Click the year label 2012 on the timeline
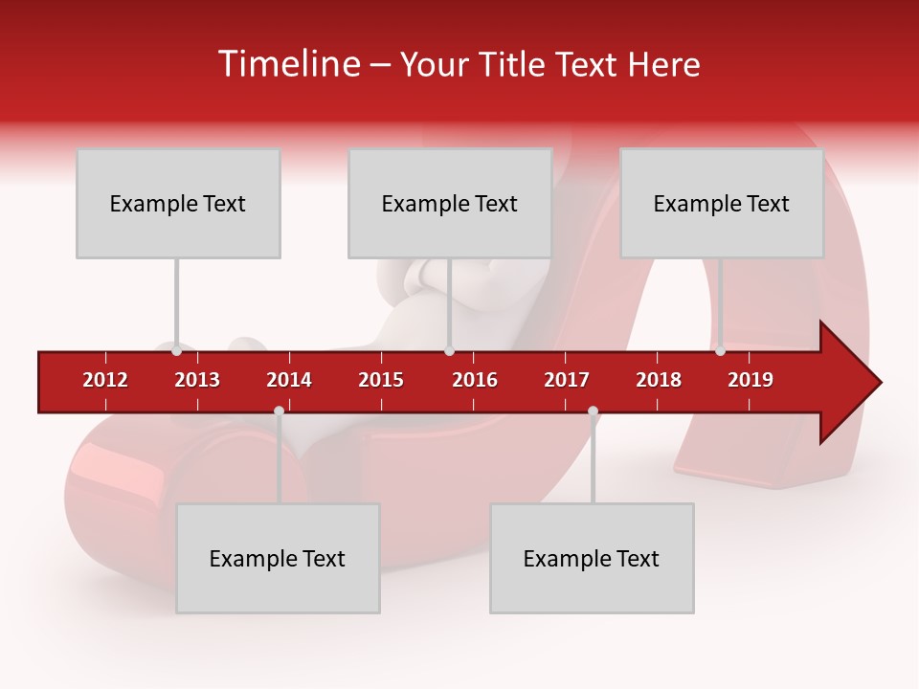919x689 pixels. [105, 380]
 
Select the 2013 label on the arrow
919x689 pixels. [197, 380]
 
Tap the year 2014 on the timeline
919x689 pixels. [289, 380]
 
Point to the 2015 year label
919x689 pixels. [381, 380]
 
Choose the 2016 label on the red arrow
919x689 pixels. [475, 380]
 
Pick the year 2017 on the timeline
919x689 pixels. [567, 380]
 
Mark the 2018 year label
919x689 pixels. [659, 380]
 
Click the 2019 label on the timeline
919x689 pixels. [751, 380]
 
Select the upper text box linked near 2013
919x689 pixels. [178, 203]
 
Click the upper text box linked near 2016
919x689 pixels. [450, 203]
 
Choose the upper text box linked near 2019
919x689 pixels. [722, 203]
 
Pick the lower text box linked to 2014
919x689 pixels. [278, 558]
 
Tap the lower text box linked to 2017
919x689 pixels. [592, 558]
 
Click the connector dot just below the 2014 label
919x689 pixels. [279, 411]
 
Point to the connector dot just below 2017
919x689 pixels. [593, 411]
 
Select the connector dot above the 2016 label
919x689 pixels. [449, 351]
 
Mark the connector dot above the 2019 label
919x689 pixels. [720, 351]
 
